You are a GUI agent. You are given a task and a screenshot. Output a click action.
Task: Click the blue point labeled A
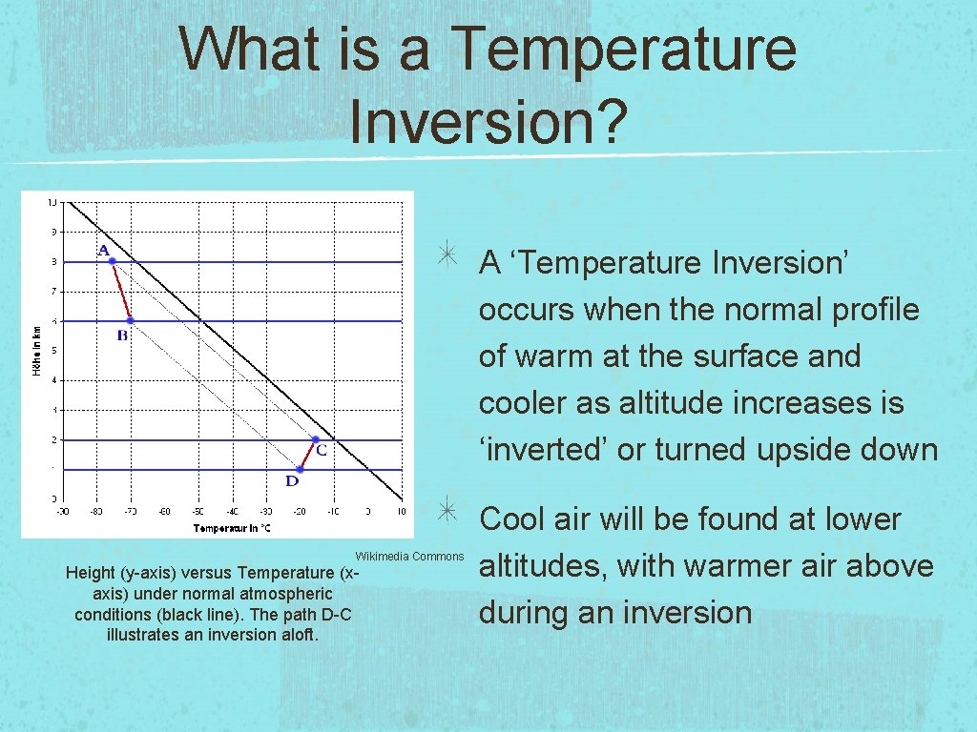[x=112, y=261]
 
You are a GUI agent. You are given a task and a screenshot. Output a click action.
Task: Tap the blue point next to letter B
[x=130, y=320]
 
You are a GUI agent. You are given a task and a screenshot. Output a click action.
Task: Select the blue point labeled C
[x=315, y=439]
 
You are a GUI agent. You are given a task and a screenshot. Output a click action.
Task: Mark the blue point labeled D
[x=299, y=470]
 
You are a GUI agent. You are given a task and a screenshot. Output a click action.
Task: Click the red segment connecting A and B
[x=121, y=291]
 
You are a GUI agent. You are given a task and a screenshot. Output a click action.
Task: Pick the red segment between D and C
[x=307, y=455]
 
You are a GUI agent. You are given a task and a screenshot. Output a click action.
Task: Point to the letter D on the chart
[x=292, y=481]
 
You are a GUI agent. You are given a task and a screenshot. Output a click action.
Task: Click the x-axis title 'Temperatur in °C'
[x=233, y=528]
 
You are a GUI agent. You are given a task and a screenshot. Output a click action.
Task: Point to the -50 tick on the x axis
[x=197, y=512]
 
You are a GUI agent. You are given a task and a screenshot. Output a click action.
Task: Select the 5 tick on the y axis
[x=53, y=350]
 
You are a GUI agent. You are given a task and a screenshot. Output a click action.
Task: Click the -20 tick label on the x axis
[x=299, y=512]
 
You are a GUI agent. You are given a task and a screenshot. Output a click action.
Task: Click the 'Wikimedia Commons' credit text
[x=409, y=557]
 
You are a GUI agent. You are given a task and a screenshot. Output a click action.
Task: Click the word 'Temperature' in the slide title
[x=625, y=49]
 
